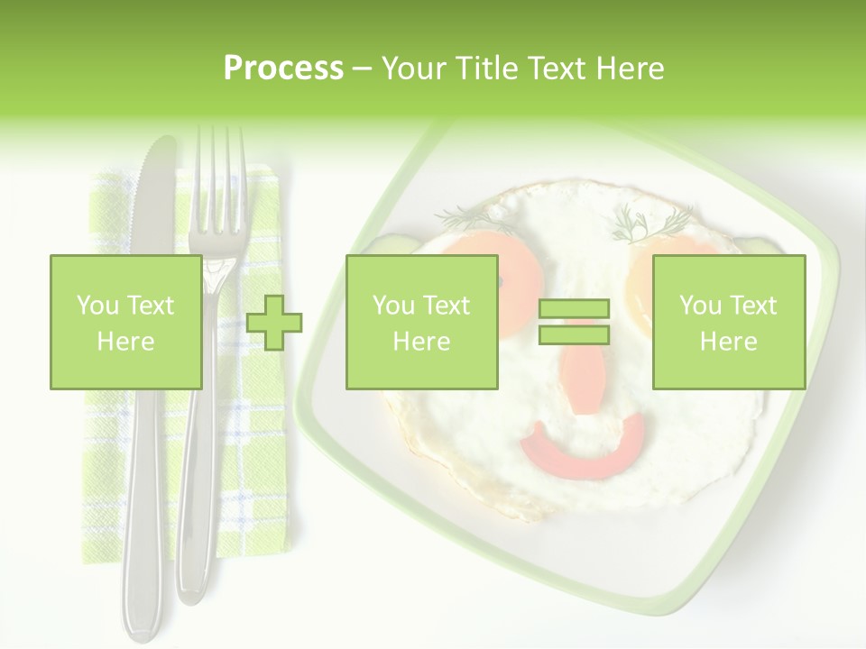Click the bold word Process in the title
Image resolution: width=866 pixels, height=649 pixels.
[x=283, y=69]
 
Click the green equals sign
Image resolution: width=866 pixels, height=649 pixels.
[x=574, y=322]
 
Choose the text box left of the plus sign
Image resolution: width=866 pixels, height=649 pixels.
[x=125, y=323]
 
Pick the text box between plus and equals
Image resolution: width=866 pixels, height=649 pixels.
[x=421, y=323]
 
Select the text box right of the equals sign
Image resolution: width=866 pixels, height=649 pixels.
[x=728, y=323]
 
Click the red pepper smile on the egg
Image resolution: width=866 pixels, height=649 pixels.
[x=583, y=448]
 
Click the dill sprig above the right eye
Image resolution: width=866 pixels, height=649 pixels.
[x=651, y=222]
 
